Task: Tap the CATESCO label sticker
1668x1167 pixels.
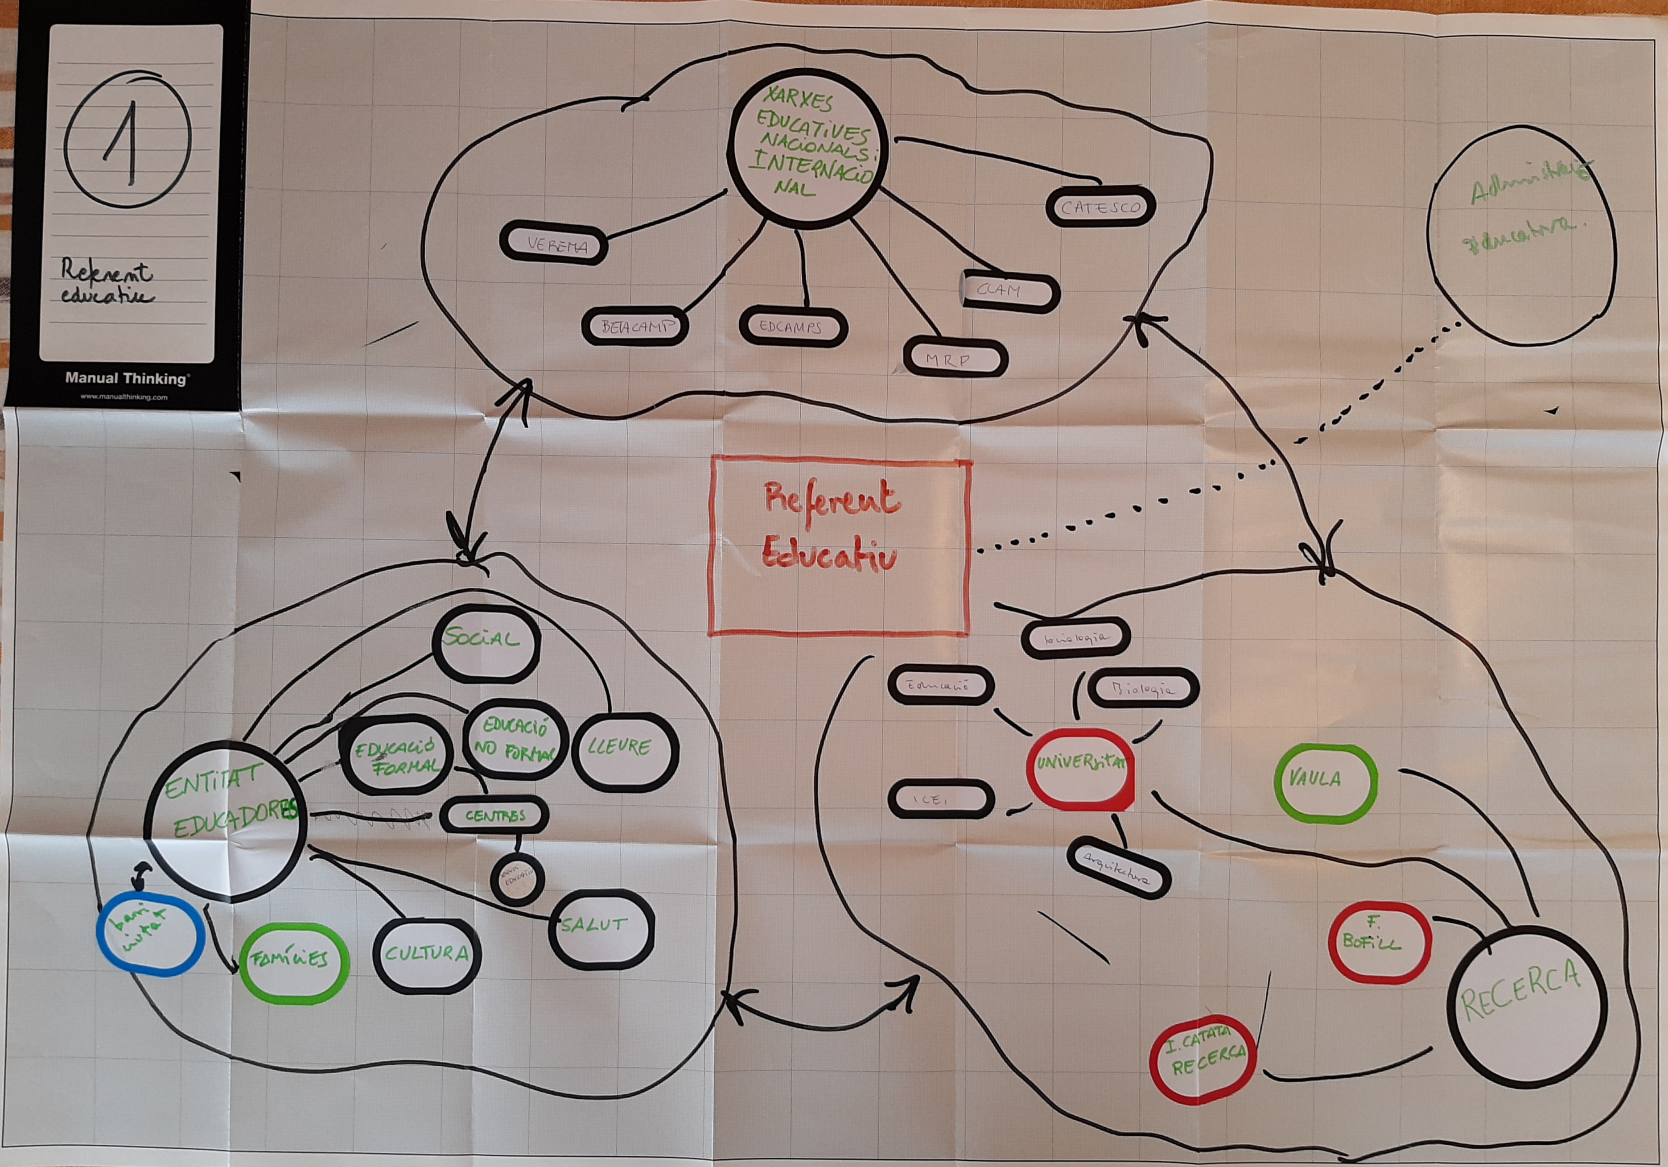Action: tap(1100, 207)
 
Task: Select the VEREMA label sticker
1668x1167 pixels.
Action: tap(554, 244)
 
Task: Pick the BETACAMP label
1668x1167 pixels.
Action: tap(635, 327)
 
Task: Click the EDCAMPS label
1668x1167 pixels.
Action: tap(793, 327)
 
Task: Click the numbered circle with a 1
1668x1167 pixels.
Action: tap(127, 137)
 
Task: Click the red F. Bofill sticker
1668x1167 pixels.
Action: tap(1380, 943)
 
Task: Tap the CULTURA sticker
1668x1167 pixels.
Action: tap(427, 955)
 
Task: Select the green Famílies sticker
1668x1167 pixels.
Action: tap(293, 962)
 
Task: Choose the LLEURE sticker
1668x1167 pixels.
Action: tap(624, 751)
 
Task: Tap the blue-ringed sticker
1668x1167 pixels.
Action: tap(150, 935)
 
